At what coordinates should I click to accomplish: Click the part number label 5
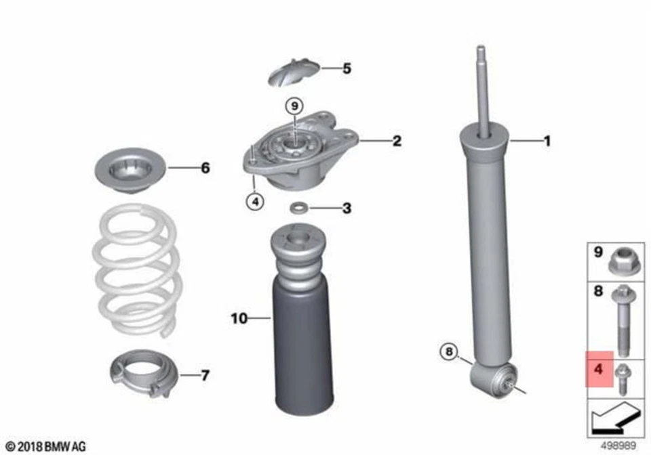[x=347, y=68]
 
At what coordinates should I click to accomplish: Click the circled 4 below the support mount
[x=255, y=201]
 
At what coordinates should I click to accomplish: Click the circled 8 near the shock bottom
[x=448, y=352]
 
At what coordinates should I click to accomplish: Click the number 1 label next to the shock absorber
[x=547, y=142]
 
